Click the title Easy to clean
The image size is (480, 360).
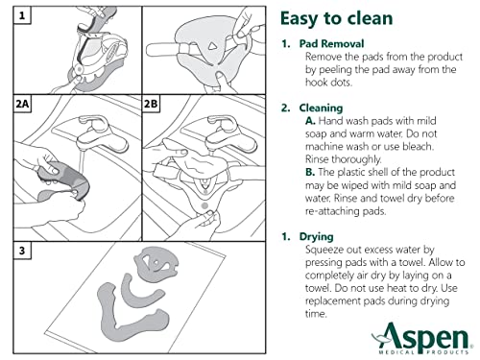click(341, 20)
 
